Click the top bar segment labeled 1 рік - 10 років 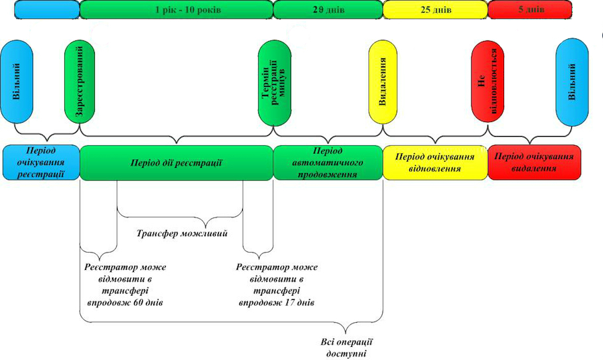click(x=176, y=9)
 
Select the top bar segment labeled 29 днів click(x=328, y=9)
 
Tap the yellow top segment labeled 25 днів click(x=435, y=9)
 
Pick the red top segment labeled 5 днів click(x=529, y=9)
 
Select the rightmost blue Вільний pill click(x=572, y=82)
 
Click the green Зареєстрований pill click(x=80, y=82)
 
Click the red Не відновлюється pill click(x=490, y=82)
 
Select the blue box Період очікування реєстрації click(x=40, y=162)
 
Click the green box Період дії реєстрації click(x=176, y=162)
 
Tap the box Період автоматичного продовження click(x=328, y=162)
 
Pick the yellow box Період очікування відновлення click(x=435, y=162)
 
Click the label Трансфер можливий click(x=182, y=233)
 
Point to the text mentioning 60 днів click(x=125, y=285)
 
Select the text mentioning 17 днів click(x=277, y=285)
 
